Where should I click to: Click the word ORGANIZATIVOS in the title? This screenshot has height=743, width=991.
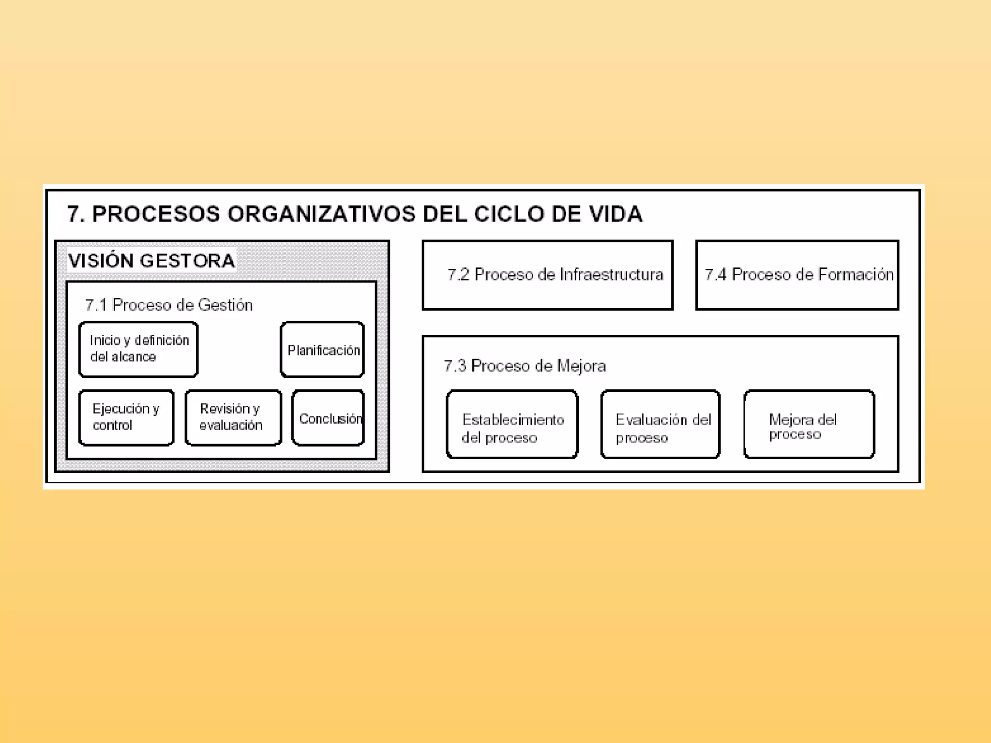pyautogui.click(x=321, y=214)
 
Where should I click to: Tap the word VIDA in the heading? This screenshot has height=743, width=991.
pyautogui.click(x=616, y=214)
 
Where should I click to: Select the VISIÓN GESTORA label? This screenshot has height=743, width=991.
pyautogui.click(x=151, y=261)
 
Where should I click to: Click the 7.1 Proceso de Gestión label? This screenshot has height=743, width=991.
pyautogui.click(x=168, y=305)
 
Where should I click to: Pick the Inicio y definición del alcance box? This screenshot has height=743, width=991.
pyautogui.click(x=138, y=349)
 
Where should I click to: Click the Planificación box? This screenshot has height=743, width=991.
pyautogui.click(x=322, y=349)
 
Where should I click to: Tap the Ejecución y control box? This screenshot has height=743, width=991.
pyautogui.click(x=126, y=417)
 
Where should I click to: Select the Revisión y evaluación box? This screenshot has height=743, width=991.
pyautogui.click(x=233, y=417)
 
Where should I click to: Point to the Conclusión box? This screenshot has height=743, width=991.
pyautogui.click(x=328, y=418)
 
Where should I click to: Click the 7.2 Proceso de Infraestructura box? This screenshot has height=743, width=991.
pyautogui.click(x=547, y=275)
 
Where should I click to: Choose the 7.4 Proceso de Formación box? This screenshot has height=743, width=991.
pyautogui.click(x=797, y=275)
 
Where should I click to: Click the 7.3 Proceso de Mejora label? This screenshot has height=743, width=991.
pyautogui.click(x=525, y=366)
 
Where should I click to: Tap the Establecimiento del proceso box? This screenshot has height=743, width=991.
pyautogui.click(x=512, y=424)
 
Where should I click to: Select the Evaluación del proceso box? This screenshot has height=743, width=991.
pyautogui.click(x=661, y=424)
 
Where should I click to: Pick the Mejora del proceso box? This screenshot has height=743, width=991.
pyautogui.click(x=809, y=424)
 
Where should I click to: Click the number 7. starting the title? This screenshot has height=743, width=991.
pyautogui.click(x=75, y=214)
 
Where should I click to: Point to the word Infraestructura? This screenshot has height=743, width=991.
pyautogui.click(x=611, y=275)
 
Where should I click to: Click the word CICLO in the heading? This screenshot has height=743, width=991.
pyautogui.click(x=509, y=214)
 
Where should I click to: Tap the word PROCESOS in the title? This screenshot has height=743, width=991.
pyautogui.click(x=156, y=214)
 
